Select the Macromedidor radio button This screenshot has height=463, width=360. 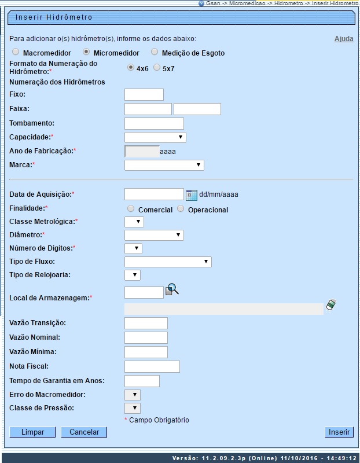tap(16, 52)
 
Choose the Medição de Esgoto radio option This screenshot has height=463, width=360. tap(155, 52)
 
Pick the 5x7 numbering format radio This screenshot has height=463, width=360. tap(157, 68)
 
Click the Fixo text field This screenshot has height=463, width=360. tap(144, 94)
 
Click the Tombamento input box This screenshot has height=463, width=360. tap(154, 123)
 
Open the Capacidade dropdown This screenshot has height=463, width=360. tap(155, 137)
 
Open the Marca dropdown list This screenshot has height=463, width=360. tap(164, 166)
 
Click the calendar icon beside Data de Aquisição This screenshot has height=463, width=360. tap(192, 194)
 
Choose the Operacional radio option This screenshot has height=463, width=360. tap(181, 209)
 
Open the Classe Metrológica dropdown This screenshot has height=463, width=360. tap(134, 222)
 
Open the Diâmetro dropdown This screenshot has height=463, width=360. tap(154, 235)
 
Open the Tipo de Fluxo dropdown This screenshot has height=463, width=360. tap(168, 262)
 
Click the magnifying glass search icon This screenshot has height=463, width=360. tap(172, 290)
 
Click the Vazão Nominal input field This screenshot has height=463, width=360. tap(146, 337)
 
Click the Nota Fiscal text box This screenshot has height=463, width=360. tap(152, 366)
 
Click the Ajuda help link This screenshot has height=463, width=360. tap(344, 39)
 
